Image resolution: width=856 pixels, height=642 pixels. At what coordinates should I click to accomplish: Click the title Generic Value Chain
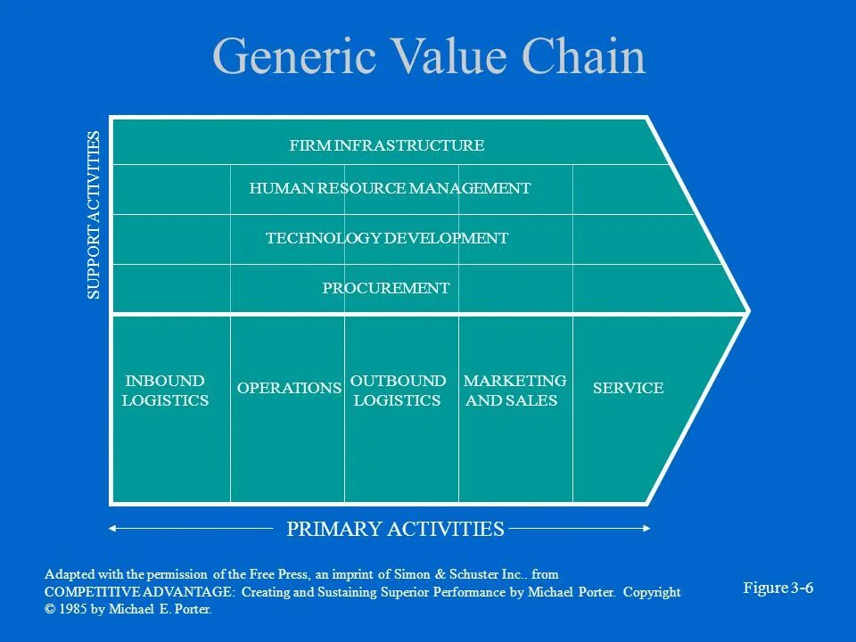429,57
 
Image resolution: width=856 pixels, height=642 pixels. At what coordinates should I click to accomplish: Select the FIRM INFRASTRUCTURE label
387,145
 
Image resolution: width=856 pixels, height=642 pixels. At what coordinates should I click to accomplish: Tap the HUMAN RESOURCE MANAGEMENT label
390,188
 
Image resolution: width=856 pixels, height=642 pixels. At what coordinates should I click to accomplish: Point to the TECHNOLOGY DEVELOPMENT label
387,238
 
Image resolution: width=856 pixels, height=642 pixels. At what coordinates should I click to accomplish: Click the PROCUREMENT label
385,288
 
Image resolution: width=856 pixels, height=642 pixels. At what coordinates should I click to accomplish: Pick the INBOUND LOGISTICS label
165,391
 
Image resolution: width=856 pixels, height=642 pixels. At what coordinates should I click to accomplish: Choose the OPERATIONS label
289,388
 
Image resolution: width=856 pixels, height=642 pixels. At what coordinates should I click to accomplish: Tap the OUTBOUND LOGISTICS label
398,391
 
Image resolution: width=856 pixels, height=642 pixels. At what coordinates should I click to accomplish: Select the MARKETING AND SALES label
514,391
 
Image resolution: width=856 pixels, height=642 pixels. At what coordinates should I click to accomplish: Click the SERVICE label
628,388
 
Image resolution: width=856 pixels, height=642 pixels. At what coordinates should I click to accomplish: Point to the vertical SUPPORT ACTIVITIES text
95,215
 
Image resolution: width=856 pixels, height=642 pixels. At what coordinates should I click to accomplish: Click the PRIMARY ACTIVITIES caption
395,529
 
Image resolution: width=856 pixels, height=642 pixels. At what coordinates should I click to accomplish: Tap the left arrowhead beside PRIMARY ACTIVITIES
112,529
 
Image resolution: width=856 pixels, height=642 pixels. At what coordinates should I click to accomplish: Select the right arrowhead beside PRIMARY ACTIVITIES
646,529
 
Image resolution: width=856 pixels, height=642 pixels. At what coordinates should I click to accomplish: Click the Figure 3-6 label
778,588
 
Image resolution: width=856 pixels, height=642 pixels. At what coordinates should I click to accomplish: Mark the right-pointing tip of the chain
747,311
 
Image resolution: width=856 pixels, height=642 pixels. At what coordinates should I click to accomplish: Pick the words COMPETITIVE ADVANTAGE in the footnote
140,592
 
